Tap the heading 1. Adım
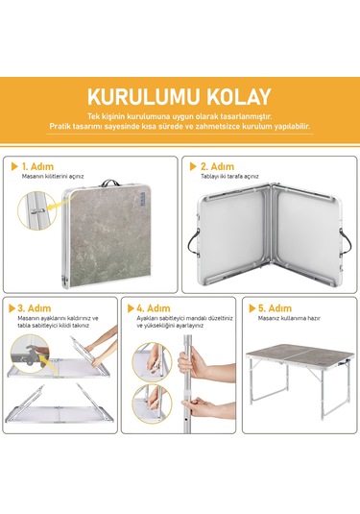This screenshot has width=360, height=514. click(39, 166)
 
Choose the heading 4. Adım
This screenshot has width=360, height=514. click(155, 308)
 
